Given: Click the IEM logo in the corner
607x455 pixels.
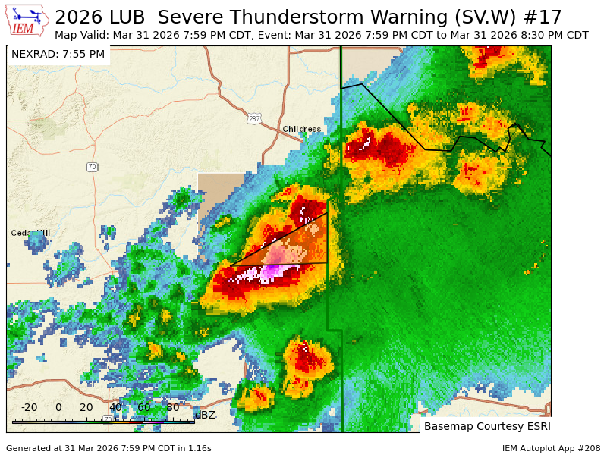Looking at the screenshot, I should [x=27, y=20].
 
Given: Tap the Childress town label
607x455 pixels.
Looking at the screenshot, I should [x=301, y=129].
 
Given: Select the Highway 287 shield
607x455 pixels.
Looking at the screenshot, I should [x=254, y=118].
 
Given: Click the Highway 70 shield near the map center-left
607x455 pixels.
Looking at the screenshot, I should [x=92, y=167].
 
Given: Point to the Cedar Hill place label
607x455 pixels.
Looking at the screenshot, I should [x=30, y=233].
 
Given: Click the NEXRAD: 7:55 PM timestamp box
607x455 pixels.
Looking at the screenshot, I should [x=58, y=55].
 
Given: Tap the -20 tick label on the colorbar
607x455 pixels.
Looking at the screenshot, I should [x=29, y=407].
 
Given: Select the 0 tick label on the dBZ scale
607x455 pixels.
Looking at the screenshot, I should [x=58, y=407].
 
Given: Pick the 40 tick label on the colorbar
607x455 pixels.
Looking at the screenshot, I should [x=115, y=407].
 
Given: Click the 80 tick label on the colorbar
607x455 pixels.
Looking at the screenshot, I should [x=172, y=407].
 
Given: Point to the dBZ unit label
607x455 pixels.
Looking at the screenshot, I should [x=205, y=415].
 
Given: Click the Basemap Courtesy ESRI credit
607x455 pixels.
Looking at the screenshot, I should [x=486, y=426].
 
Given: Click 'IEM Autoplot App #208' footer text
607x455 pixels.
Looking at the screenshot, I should [x=551, y=448].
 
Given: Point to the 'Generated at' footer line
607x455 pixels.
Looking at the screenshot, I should [x=109, y=448].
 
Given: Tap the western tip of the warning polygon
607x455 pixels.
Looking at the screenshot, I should [x=229, y=265].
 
